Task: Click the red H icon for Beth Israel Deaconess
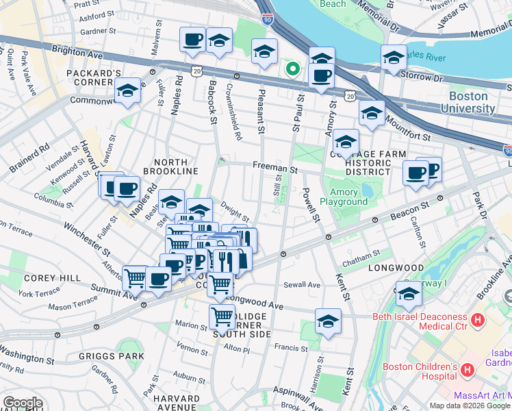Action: tap(477, 319)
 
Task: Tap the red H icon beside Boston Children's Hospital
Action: tap(468, 370)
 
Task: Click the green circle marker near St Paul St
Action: tap(292, 68)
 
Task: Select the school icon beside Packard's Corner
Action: tap(127, 91)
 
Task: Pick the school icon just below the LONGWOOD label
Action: tap(409, 294)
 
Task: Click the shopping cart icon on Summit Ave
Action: tap(135, 278)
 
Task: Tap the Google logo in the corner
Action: tap(23, 403)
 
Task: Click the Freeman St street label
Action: tap(274, 166)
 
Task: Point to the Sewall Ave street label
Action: tap(303, 284)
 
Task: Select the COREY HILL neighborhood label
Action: tap(44, 278)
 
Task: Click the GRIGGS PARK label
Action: tap(112, 356)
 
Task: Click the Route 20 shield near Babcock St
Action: tap(197, 71)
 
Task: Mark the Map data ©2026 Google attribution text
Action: tap(470, 406)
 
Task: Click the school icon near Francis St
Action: tap(328, 321)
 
